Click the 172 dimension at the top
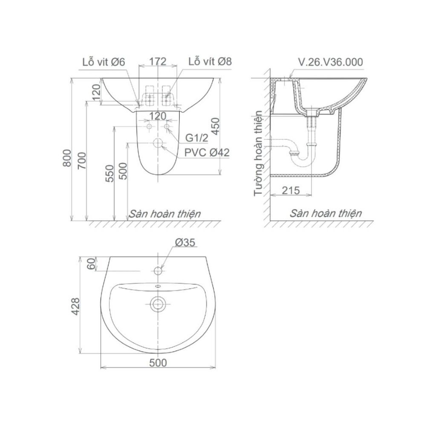click(x=158, y=61)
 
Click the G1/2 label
click(x=196, y=138)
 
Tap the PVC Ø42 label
click(x=207, y=153)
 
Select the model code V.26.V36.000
click(x=331, y=62)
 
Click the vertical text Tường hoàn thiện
click(x=258, y=153)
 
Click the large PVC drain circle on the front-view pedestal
click(x=158, y=144)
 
